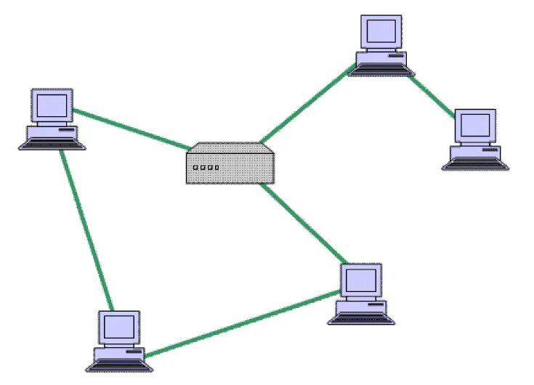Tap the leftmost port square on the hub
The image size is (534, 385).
195,168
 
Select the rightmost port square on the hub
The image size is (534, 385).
217,168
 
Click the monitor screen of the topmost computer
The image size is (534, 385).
382,31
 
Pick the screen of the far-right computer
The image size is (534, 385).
475,126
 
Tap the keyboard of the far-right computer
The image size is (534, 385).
476,164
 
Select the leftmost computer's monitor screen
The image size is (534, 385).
52,105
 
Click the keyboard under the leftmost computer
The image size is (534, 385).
52,145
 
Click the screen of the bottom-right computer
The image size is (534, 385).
361,280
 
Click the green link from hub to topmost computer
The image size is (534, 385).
305,104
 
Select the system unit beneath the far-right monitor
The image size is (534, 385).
476,151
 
